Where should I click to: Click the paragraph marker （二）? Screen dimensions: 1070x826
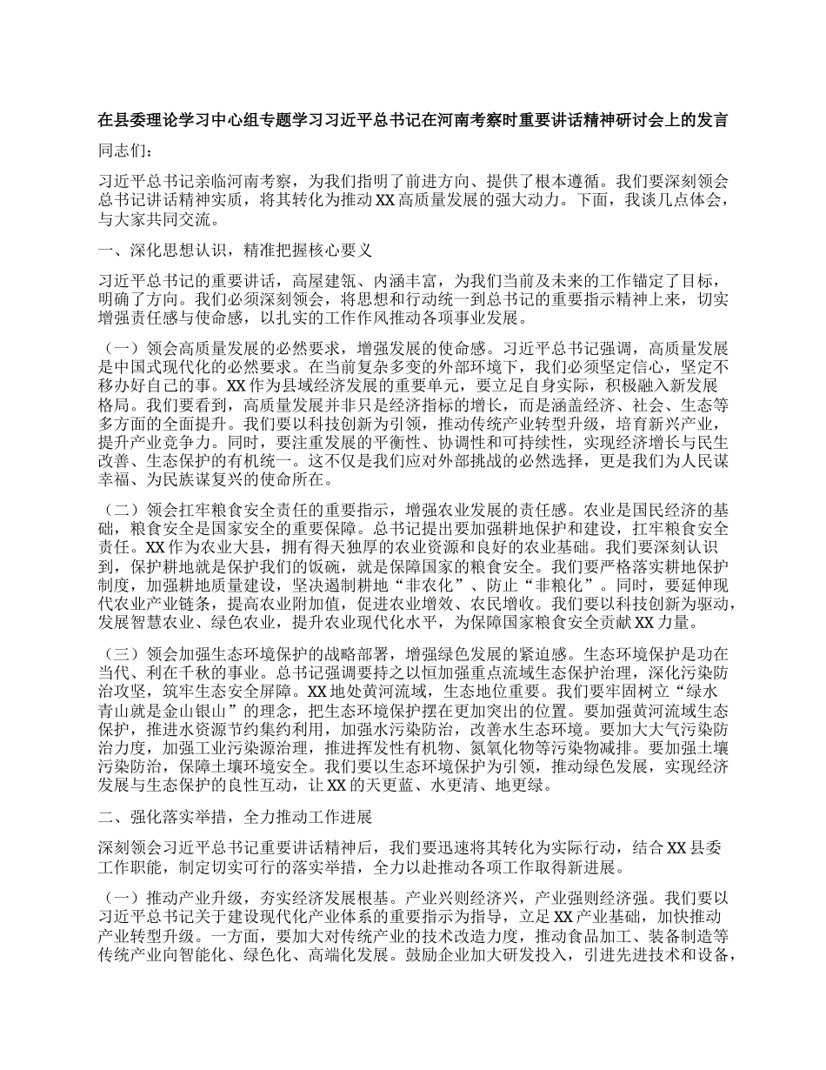122,508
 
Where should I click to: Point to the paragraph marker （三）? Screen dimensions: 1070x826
122,652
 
